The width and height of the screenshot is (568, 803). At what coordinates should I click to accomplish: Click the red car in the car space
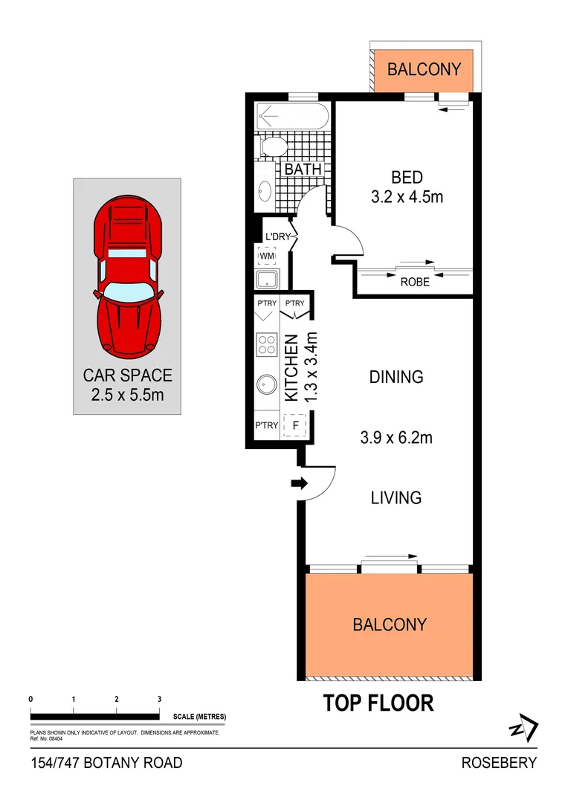click(x=127, y=275)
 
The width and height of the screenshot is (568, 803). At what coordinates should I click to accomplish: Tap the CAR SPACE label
click(x=127, y=375)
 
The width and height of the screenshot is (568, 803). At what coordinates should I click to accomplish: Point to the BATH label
click(x=303, y=170)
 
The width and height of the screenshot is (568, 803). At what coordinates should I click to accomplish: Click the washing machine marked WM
click(x=266, y=257)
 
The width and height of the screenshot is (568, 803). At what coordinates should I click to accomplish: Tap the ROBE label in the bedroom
click(x=415, y=282)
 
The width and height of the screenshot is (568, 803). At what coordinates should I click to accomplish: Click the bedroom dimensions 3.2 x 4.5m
click(x=407, y=198)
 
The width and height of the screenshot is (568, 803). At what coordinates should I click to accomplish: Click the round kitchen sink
click(x=266, y=386)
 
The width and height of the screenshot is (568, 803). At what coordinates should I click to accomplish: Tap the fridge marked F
click(x=296, y=425)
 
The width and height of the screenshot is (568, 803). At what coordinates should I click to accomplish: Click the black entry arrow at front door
click(x=299, y=484)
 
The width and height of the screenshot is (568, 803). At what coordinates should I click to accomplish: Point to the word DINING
click(x=396, y=377)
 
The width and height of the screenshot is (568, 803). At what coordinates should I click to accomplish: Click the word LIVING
click(x=396, y=497)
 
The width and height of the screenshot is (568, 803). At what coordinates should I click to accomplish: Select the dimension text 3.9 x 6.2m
click(x=396, y=438)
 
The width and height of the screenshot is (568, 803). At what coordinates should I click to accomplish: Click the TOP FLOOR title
click(x=378, y=703)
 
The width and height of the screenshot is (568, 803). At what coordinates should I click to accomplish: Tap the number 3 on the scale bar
click(x=160, y=700)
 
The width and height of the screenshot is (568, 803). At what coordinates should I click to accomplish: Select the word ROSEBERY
click(x=499, y=763)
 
